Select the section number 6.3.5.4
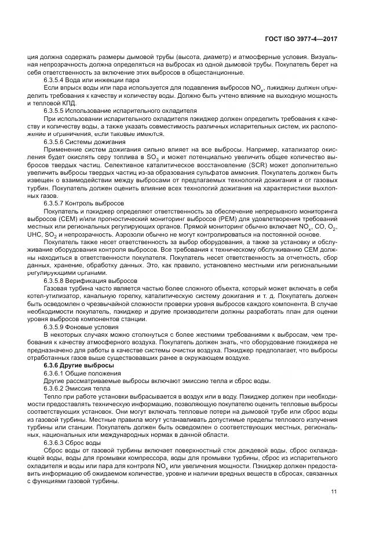[x=56, y=79]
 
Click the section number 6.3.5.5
[x=56, y=110]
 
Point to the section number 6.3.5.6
[x=56, y=141]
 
